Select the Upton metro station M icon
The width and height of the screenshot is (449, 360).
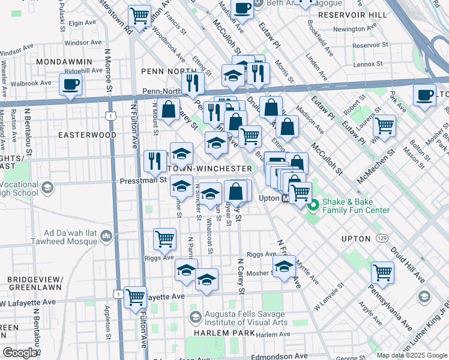[287, 199]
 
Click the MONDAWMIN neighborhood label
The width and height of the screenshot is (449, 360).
[64, 62]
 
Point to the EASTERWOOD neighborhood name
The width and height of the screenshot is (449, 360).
[87, 135]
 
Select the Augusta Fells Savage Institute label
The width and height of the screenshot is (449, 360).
[244, 317]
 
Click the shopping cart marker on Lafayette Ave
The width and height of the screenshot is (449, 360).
[136, 296]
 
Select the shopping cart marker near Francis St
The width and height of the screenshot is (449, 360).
[140, 15]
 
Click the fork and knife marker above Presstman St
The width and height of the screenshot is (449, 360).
[155, 160]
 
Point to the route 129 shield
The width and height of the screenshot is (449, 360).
[381, 239]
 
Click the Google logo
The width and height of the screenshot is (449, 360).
[20, 353]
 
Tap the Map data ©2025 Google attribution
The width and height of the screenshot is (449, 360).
[411, 355]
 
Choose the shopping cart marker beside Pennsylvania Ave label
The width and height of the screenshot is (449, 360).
[382, 272]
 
